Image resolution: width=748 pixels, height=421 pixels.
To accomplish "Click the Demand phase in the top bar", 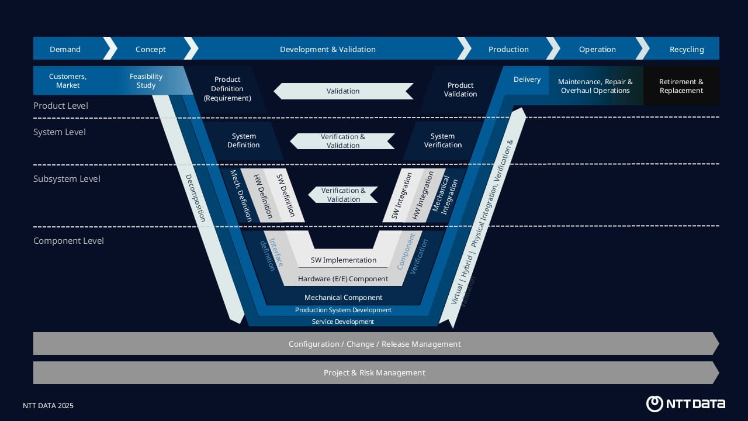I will pos(65,49).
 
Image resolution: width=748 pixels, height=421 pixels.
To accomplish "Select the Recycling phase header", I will pos(686,49).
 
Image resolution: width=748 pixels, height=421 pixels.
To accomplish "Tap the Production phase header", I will pos(508,49).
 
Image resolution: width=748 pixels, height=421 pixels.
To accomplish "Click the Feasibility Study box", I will pos(146,81).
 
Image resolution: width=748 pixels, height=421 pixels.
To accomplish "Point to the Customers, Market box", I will pos(68,81).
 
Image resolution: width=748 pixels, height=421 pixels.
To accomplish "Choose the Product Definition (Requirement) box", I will pos(227,89).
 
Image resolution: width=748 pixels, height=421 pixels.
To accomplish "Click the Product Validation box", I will pos(460,89).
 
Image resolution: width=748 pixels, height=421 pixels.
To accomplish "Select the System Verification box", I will pos(443,140).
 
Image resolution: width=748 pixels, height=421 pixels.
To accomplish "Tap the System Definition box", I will pos(244,140).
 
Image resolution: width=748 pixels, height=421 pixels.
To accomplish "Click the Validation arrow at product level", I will pos(343,91).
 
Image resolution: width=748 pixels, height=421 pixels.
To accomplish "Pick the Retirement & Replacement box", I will pos(681,86).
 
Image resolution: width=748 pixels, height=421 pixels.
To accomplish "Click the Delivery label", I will pos(527,80).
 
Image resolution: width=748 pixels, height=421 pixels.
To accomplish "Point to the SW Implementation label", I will pos(344,260).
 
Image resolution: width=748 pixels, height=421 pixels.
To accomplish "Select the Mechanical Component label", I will pos(344,298).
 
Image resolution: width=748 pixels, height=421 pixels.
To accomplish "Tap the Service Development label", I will pos(343,322).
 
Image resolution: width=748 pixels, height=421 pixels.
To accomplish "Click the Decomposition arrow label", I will pos(196,198).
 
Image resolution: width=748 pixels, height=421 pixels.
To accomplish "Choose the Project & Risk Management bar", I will pos(375,372).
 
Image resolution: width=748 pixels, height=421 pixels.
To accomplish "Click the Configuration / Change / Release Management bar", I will pos(375,344).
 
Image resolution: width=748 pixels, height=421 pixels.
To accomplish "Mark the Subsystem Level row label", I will pos(67,179).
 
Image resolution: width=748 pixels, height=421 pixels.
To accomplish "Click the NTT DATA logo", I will pos(685,403).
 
